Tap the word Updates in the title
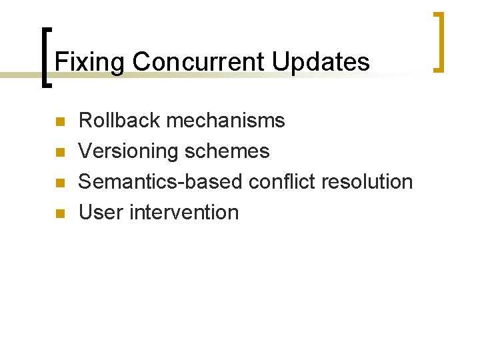[x=321, y=62]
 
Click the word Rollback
[x=120, y=121]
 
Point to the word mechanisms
[x=226, y=121]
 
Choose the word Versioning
[x=129, y=151]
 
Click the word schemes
[x=227, y=151]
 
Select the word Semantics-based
[x=161, y=181]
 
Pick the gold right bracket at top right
[x=439, y=41]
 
